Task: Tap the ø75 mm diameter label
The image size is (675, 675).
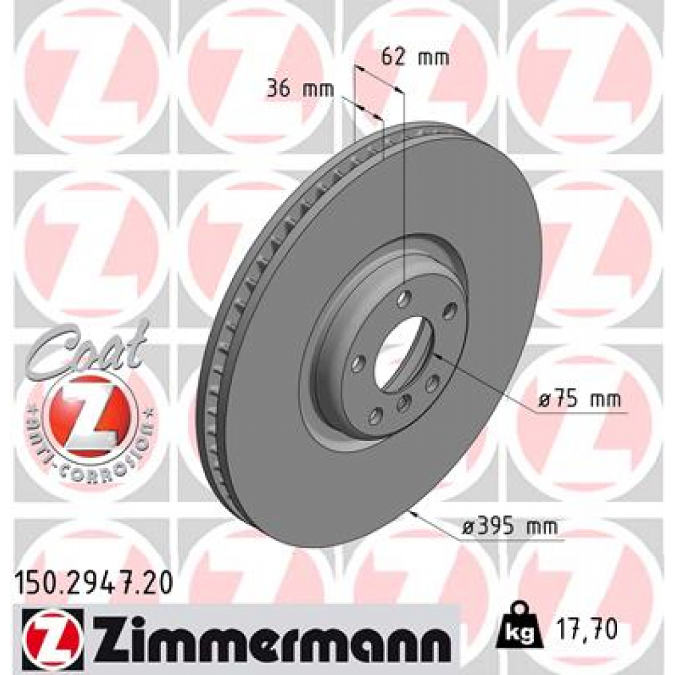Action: (579, 400)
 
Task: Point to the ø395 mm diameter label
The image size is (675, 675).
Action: (510, 527)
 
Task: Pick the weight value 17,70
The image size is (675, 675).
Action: (587, 630)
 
